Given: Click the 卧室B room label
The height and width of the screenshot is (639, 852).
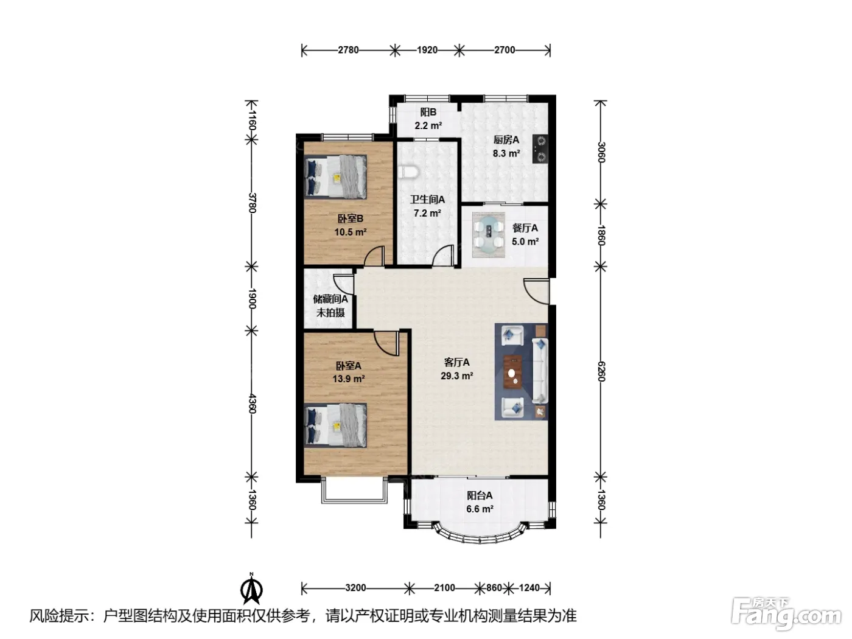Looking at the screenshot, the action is (350, 219).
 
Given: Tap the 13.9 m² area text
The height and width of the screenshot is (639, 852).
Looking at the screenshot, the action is (348, 379).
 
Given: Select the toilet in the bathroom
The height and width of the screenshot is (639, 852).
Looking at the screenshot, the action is (408, 172).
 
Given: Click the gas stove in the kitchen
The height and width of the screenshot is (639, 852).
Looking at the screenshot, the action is (540, 148).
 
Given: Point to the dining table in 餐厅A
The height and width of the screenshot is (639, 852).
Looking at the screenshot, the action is (488, 235).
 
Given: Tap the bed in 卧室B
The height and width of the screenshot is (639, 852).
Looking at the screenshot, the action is (335, 177).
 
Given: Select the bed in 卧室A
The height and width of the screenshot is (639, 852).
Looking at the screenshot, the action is (335, 425).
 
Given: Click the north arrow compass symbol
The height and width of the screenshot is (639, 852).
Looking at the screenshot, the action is (251, 588).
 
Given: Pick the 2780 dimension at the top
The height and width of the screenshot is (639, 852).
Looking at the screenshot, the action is (348, 50).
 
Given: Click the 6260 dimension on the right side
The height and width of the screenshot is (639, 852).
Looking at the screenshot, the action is (601, 372).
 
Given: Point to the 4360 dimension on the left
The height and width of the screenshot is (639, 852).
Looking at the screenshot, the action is (252, 403).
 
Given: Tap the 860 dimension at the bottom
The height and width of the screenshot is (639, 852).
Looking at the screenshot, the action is (494, 588).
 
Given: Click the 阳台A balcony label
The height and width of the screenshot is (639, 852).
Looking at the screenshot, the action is (480, 496).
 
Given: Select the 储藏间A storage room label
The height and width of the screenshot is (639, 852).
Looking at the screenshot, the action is (330, 299).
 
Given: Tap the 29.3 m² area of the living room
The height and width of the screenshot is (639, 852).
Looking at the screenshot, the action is (456, 376).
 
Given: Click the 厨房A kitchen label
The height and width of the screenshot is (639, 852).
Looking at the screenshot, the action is (506, 140).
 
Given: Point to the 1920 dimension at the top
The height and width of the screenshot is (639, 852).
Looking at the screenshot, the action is (427, 50).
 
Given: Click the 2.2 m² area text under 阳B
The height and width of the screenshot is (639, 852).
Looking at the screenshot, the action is (428, 126).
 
